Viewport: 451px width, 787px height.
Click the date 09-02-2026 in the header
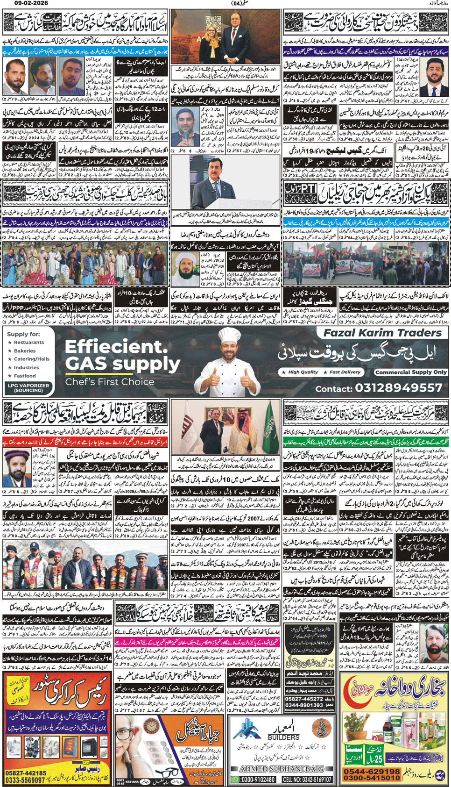[x=15, y=4]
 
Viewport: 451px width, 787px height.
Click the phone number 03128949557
[x=398, y=388]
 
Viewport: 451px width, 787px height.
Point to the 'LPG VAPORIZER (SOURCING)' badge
[x=28, y=387]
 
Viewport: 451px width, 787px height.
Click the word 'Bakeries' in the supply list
[x=25, y=351]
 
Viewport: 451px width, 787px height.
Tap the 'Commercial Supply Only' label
[x=411, y=372]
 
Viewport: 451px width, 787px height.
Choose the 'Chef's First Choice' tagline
[x=110, y=381]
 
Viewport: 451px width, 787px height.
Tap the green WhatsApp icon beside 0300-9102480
[x=235, y=780]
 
